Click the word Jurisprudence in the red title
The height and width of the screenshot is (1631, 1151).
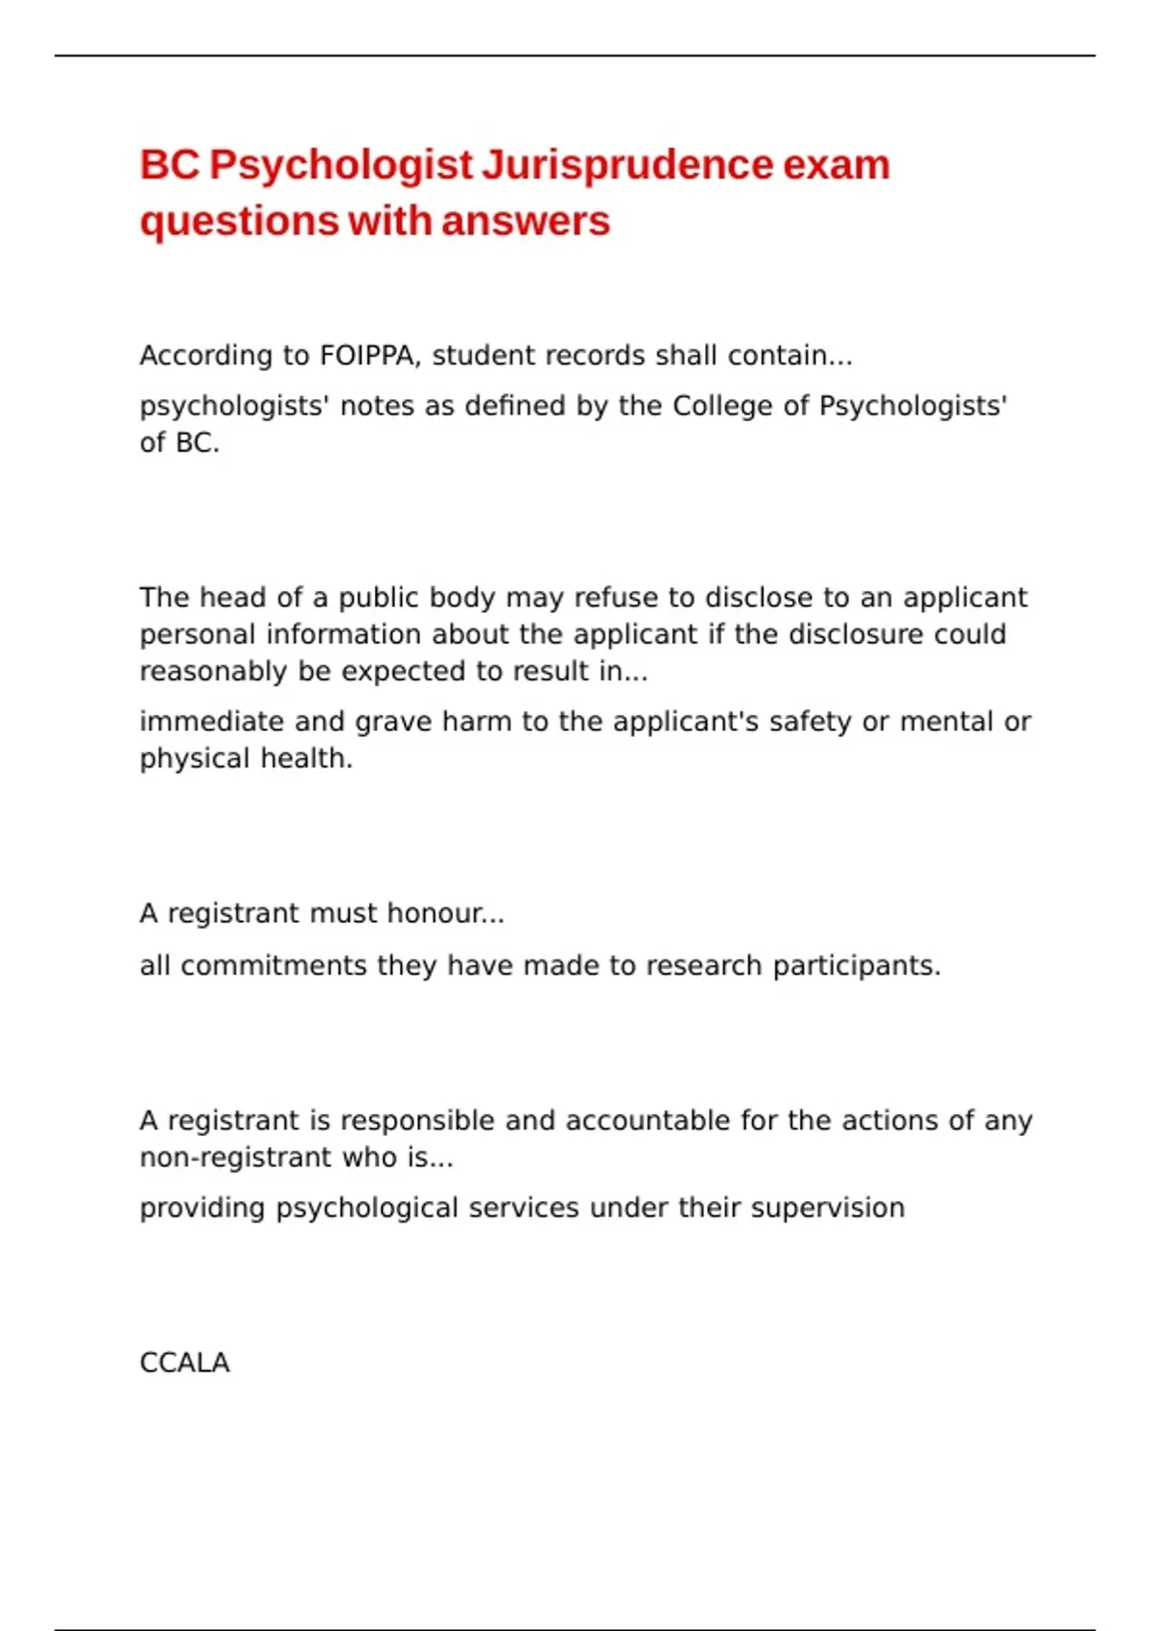tap(626, 165)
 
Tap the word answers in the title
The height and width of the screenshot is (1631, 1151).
tap(526, 221)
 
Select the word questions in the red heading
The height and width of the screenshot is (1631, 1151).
tap(239, 223)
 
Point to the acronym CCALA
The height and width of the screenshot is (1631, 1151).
tap(184, 1363)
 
